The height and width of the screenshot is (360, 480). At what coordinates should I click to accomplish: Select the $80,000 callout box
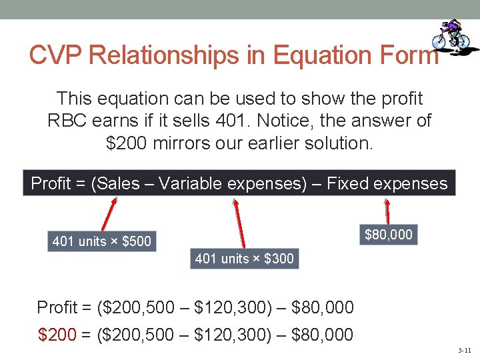(x=389, y=235)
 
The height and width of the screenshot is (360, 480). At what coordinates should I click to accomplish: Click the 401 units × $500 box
(x=102, y=241)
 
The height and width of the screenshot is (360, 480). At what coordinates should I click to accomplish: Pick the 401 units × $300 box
(x=244, y=259)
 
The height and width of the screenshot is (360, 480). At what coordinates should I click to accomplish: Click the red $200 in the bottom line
(x=57, y=334)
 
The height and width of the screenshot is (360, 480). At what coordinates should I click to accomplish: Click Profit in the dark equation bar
(x=51, y=183)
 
